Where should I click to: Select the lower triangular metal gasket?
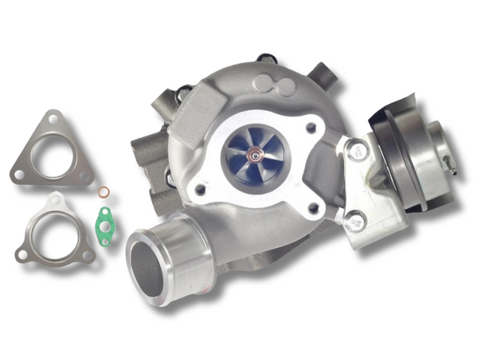click(54, 231)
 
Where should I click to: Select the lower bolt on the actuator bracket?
click(357, 218)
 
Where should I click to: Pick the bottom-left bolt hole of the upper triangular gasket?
click(19, 175)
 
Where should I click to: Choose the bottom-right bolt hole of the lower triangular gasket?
click(86, 255)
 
